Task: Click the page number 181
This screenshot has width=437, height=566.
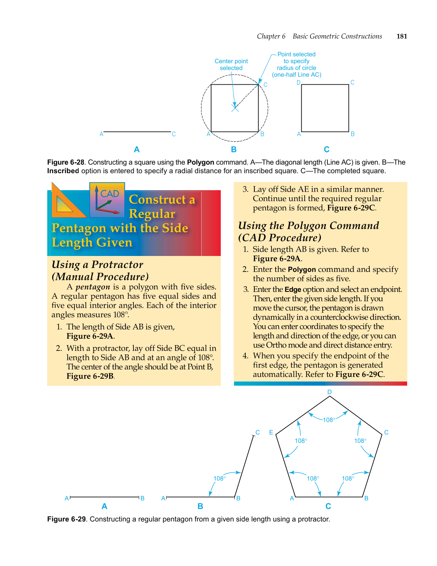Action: pos(401,36)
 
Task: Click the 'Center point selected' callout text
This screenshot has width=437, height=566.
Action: pos(231,65)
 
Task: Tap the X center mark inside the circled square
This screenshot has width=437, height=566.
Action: pos(235,108)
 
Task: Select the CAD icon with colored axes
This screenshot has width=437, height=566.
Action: pos(107,200)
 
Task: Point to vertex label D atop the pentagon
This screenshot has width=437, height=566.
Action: pos(329,392)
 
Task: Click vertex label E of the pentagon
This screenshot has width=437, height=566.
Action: pos(271,432)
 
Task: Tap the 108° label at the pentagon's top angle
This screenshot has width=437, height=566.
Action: pos(329,420)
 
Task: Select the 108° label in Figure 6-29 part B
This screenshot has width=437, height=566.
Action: pos(220,478)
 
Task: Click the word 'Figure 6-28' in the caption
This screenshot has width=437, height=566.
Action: pos(66,162)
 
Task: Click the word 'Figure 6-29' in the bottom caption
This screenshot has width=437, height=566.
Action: pos(67,519)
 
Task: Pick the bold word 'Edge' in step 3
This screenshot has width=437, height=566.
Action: pos(293,290)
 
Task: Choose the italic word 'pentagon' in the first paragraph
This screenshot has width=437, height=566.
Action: pos(93,287)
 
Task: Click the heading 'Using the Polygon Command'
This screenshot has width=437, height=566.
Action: pos(308,226)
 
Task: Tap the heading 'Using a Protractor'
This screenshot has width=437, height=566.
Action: pos(97,265)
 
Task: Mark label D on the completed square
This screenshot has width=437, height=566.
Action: pos(298,82)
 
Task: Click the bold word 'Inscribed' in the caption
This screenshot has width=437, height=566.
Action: pos(63,171)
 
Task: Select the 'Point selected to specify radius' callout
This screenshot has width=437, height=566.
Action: pos(296,65)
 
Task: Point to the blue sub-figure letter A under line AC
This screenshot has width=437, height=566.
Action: pos(137,149)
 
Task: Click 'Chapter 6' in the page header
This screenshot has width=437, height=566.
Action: pos(271,36)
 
